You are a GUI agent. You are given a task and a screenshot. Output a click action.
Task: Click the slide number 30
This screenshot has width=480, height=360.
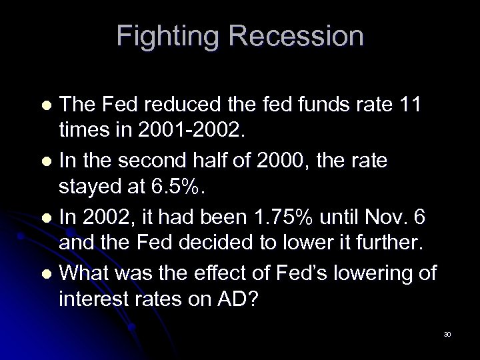[447, 334]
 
